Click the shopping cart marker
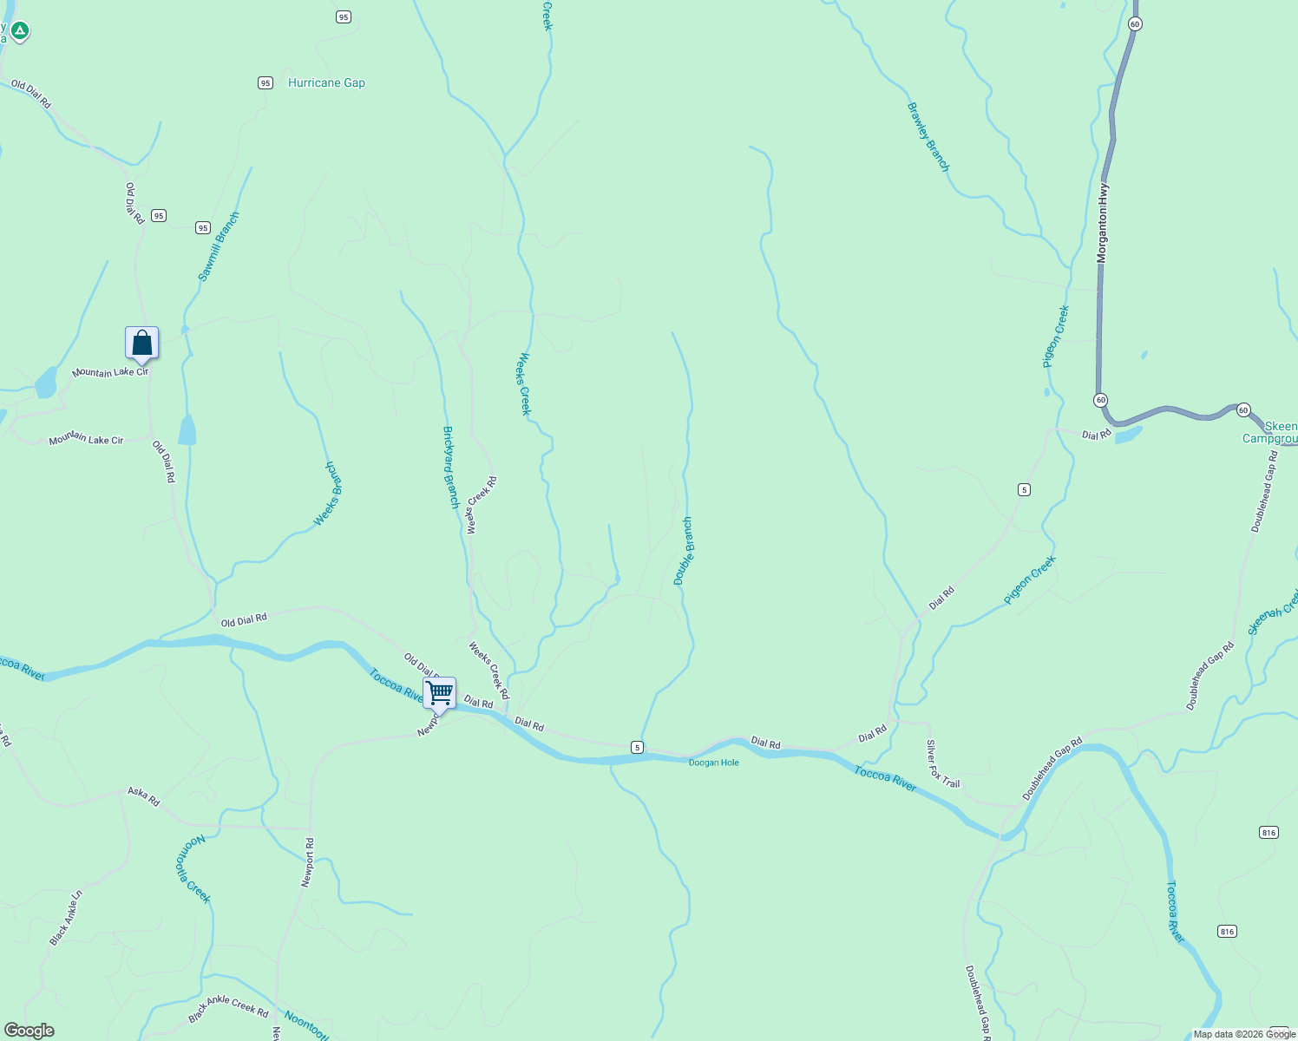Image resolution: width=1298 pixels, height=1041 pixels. (440, 694)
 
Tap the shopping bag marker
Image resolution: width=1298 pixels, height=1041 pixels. (141, 344)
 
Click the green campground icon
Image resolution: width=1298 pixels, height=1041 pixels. (19, 31)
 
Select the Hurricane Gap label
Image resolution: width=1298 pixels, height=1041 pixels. (326, 82)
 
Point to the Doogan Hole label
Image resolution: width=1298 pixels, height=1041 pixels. (713, 763)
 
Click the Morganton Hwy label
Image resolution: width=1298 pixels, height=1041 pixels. (1102, 223)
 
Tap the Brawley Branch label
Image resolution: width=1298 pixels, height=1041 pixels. (928, 137)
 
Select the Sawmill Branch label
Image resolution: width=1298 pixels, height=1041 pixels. (218, 247)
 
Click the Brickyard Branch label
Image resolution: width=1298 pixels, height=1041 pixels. (450, 467)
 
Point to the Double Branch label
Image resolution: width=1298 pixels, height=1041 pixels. (684, 551)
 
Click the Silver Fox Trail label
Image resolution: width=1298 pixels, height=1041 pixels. (942, 763)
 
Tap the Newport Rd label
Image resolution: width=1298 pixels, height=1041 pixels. (307, 861)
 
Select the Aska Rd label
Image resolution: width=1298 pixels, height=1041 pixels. (144, 796)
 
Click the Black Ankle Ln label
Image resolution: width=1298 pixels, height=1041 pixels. (66, 917)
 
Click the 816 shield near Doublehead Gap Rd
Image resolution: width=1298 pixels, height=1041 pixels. (1268, 832)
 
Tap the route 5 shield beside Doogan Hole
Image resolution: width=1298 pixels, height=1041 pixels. (637, 747)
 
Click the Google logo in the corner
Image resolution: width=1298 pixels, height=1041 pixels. (29, 1031)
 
